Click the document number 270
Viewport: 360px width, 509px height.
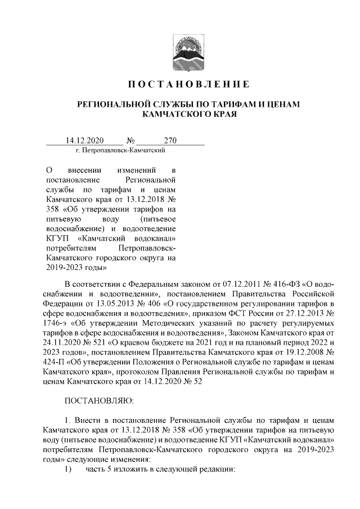[170, 141]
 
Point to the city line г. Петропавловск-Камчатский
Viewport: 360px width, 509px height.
[120, 151]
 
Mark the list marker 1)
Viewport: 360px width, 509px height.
[68, 469]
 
